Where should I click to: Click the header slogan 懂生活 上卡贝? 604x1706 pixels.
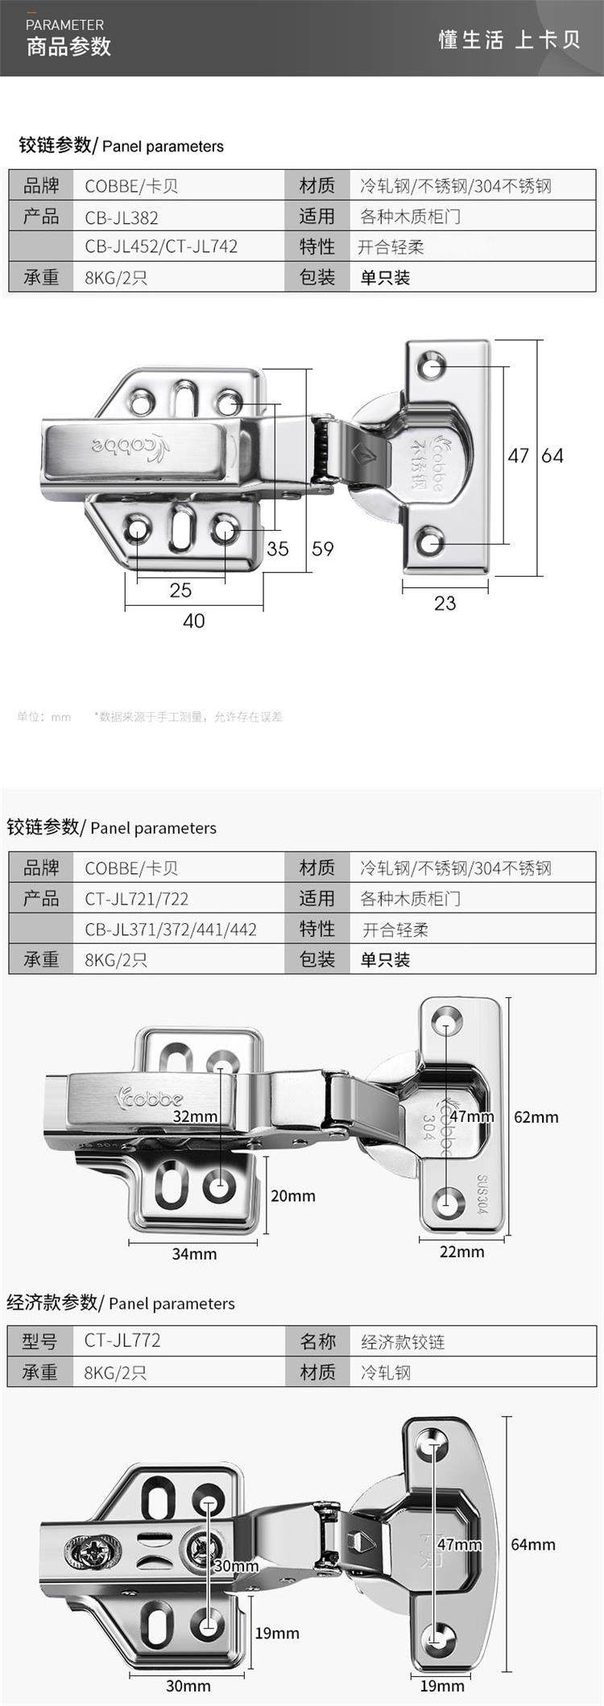point(509,40)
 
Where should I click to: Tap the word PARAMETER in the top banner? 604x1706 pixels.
point(64,25)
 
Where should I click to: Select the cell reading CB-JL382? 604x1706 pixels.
point(122,217)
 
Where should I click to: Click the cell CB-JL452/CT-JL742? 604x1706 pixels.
point(161,246)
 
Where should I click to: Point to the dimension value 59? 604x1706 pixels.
point(322,549)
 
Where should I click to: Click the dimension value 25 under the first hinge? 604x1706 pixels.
point(180,590)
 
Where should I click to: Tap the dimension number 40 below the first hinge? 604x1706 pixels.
point(193,621)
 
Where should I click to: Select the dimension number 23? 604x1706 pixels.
point(445,603)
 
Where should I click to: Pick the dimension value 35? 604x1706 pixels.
point(277,549)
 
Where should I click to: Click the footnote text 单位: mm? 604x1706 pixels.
point(44,717)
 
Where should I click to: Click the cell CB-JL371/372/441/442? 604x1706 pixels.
point(171,930)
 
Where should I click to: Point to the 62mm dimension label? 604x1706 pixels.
point(536,1117)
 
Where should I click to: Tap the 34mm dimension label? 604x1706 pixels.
point(194,1254)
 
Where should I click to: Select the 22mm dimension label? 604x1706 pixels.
point(461,1252)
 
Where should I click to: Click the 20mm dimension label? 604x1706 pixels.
point(292,1196)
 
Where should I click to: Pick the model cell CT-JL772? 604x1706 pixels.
point(122,1340)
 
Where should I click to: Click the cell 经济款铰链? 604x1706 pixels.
point(403,1342)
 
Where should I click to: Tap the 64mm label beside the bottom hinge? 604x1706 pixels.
point(533,1545)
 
